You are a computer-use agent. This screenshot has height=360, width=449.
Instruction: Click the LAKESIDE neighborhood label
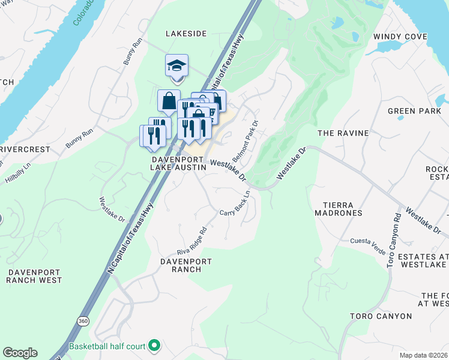tap(186, 34)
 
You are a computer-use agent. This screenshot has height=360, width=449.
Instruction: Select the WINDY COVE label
tap(400, 37)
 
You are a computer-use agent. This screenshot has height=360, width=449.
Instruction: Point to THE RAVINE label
tap(342, 133)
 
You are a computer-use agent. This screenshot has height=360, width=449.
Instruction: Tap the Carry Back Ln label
tap(235, 208)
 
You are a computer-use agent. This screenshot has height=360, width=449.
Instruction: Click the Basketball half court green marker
tap(154, 346)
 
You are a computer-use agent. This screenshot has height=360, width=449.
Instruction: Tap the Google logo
tap(20, 352)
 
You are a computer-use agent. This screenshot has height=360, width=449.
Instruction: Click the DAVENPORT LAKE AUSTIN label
tap(178, 164)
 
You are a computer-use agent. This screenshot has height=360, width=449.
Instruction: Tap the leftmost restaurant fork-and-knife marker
tap(149, 136)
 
